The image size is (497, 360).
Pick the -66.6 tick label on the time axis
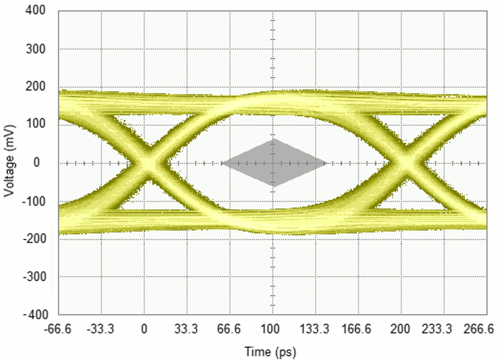[x=58, y=330]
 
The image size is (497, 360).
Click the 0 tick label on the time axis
[x=144, y=330]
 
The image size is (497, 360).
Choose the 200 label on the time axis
[x=401, y=330]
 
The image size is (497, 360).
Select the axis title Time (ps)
[x=270, y=352]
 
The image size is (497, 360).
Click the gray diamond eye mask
[x=274, y=163]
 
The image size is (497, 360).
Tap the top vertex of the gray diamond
[x=274, y=139]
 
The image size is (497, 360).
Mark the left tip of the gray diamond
[x=222, y=163]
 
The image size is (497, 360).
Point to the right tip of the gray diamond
[x=326, y=163]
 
